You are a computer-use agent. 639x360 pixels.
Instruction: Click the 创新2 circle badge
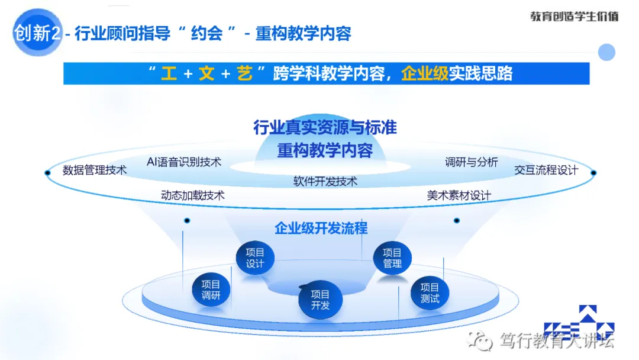[37, 33]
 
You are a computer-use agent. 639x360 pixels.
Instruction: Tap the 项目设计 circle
[255, 258]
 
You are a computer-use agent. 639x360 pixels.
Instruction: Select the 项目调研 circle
[210, 290]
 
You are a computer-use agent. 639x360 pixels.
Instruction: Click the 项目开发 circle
[320, 300]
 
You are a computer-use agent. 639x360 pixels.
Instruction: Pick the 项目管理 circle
[392, 258]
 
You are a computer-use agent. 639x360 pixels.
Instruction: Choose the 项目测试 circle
[430, 292]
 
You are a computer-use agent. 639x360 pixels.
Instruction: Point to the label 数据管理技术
[95, 170]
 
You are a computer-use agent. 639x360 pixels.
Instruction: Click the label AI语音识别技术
[183, 161]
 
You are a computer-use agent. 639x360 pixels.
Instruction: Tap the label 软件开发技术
[325, 181]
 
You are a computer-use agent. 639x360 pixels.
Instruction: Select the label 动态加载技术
[192, 195]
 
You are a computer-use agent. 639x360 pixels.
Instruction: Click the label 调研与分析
[471, 162]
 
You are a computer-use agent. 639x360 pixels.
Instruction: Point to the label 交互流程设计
[546, 170]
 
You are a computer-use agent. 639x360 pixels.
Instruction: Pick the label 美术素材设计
[459, 195]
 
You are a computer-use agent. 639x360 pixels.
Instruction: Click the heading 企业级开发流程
[321, 228]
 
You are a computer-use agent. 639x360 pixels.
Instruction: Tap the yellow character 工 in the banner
[169, 74]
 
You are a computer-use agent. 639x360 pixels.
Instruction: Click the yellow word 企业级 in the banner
[425, 74]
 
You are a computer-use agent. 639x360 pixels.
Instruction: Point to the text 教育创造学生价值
[574, 17]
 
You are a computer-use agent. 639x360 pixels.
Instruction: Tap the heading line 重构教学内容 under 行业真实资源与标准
[325, 150]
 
